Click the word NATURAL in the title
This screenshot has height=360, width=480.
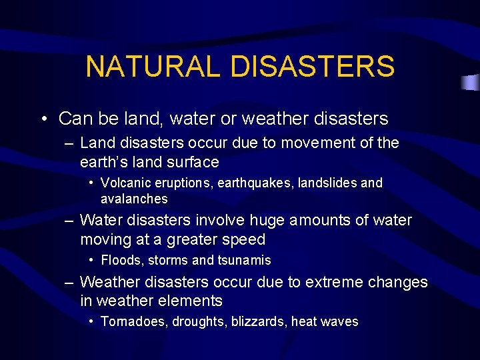coord(157,67)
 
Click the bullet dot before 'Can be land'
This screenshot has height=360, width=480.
coord(43,119)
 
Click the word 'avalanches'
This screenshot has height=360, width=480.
coord(134,199)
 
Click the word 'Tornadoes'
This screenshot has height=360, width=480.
coord(134,322)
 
